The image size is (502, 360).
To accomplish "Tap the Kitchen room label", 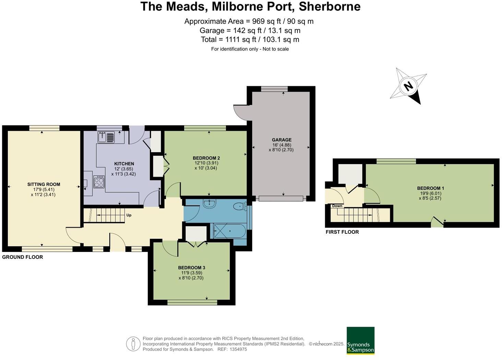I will (x=124, y=164).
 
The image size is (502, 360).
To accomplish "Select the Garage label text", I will (x=282, y=140).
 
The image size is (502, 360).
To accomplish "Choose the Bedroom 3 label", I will (x=191, y=268).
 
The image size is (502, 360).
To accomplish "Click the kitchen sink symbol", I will (x=106, y=137).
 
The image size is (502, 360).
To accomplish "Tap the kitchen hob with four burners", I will (x=99, y=182).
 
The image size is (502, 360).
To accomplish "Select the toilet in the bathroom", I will (x=239, y=207).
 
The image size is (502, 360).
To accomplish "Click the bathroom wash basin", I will (x=209, y=204).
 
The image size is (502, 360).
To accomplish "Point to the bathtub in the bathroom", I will (x=229, y=231).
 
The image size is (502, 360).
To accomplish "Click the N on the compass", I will (x=408, y=86).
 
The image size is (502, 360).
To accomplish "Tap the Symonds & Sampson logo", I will (x=360, y=340).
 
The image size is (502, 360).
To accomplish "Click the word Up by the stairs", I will (x=129, y=215).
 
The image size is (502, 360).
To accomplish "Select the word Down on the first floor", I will (x=337, y=206).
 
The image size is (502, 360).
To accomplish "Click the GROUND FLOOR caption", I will (x=23, y=257).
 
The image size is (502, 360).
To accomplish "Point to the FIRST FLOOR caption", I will (x=342, y=232).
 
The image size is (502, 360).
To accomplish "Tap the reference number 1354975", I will (x=238, y=349).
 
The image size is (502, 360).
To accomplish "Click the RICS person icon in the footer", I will (x=133, y=344).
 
